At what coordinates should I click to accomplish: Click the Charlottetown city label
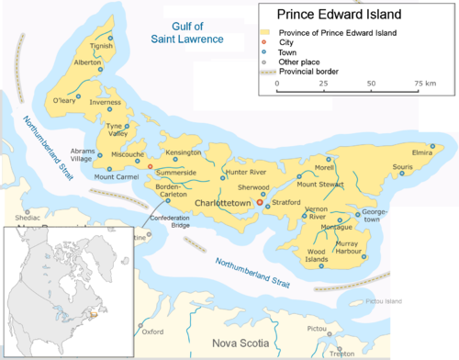(223, 201)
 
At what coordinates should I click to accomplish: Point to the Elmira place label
(422, 152)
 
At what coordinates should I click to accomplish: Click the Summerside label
(176, 173)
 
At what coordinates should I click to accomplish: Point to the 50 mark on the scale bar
(372, 83)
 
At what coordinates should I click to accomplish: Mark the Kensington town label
(184, 152)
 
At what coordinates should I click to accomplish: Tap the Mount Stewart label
(344, 185)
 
